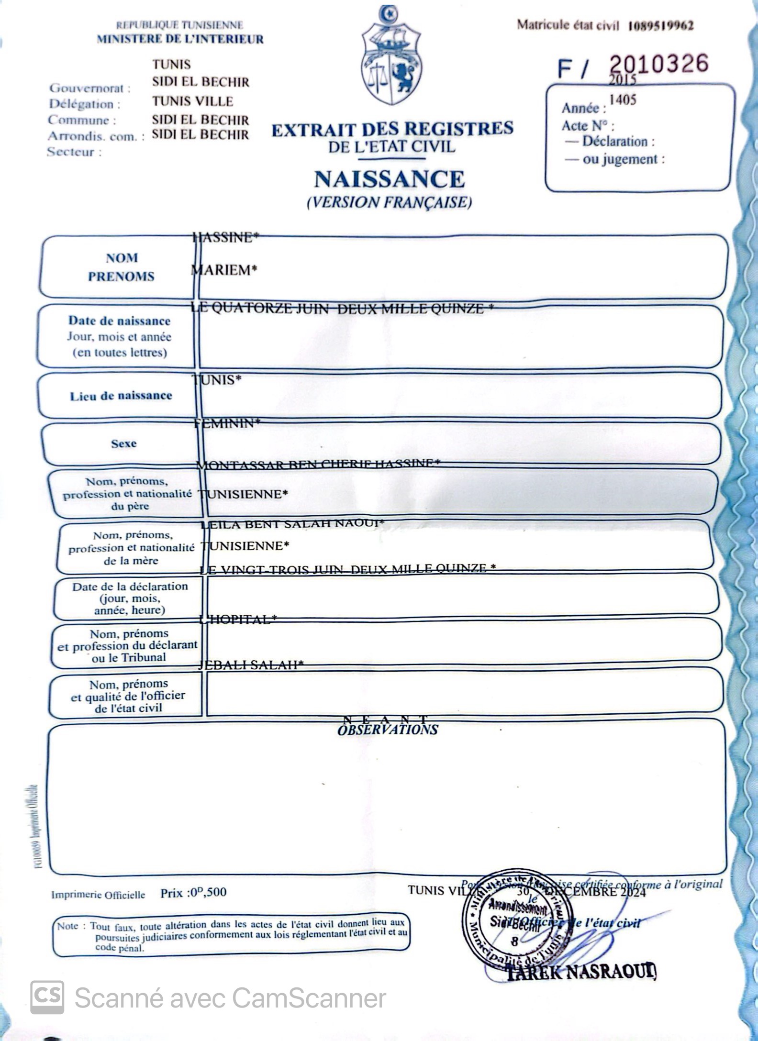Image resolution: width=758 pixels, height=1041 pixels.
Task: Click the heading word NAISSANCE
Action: pos(389,179)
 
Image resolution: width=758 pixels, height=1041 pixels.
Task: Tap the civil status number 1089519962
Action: pos(660,26)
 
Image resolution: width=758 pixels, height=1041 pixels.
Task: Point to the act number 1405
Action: pos(623,100)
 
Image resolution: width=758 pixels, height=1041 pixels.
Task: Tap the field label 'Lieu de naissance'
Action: pos(121,396)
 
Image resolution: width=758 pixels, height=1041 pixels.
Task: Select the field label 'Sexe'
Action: pos(123,443)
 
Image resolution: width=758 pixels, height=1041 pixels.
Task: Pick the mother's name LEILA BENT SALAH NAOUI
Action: pos(292,524)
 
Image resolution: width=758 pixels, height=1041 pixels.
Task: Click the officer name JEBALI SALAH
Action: pos(251,664)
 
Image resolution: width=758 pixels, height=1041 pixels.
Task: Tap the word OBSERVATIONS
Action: pos(388,730)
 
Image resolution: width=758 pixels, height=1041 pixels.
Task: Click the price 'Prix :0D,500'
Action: pos(193,893)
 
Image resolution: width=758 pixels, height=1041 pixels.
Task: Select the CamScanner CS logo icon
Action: pos(47,997)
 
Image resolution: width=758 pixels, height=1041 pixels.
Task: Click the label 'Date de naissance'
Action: pos(119,321)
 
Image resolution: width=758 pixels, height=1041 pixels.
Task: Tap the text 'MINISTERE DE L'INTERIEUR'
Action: pos(180,39)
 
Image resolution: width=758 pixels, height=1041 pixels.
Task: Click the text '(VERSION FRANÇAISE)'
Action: pos(389,202)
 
